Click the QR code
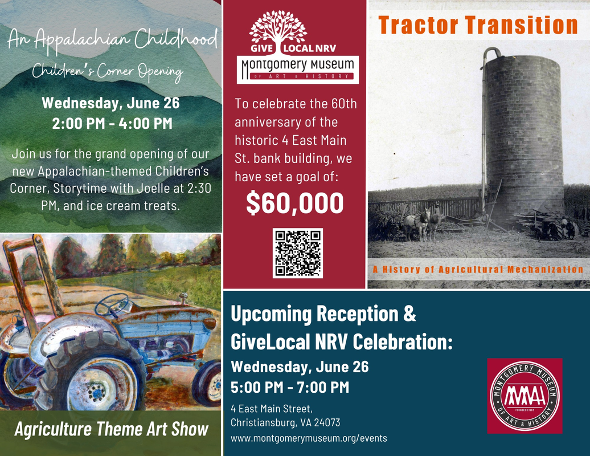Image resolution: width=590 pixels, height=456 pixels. pyautogui.click(x=298, y=253)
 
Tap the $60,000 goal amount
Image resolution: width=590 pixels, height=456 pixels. pyautogui.click(x=295, y=203)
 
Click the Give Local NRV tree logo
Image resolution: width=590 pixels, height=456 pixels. pyautogui.click(x=278, y=31)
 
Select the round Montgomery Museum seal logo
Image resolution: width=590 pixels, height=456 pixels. pyautogui.click(x=525, y=396)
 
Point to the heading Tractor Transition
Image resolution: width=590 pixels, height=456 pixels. pyautogui.click(x=478, y=25)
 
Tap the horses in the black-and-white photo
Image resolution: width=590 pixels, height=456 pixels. pyautogui.click(x=421, y=223)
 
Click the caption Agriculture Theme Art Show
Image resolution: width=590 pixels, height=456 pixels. pyautogui.click(x=112, y=429)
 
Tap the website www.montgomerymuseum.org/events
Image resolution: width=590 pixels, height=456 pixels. pyautogui.click(x=309, y=438)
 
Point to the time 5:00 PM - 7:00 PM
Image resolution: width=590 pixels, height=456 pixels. pyautogui.click(x=290, y=388)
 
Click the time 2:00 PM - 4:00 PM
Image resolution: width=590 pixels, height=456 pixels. pyautogui.click(x=112, y=124)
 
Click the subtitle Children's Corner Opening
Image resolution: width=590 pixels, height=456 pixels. pyautogui.click(x=108, y=71)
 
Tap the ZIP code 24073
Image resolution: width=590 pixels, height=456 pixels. pyautogui.click(x=327, y=423)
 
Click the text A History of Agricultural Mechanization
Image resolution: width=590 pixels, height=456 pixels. pyautogui.click(x=478, y=270)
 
